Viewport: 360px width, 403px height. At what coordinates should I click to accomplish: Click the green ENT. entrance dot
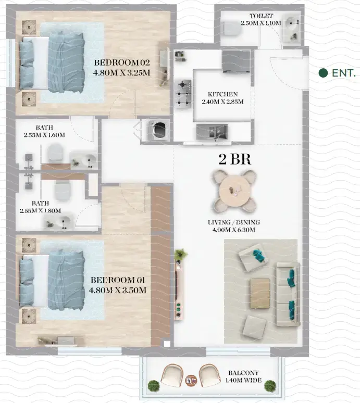click(x=323, y=73)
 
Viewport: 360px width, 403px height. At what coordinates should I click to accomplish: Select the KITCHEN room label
click(x=222, y=94)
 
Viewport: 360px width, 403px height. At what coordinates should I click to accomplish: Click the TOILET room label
click(x=261, y=17)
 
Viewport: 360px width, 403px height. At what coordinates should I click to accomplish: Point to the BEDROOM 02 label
click(x=122, y=63)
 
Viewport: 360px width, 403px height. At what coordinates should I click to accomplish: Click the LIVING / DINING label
click(x=233, y=223)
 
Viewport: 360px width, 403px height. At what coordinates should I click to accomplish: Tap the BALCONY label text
click(x=245, y=373)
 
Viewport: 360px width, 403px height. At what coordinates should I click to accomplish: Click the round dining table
click(x=233, y=188)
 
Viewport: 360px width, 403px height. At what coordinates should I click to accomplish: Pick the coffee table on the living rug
click(x=260, y=293)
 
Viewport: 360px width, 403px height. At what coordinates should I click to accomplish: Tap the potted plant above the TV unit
click(x=181, y=255)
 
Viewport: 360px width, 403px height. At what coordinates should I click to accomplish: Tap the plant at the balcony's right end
click(x=270, y=386)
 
